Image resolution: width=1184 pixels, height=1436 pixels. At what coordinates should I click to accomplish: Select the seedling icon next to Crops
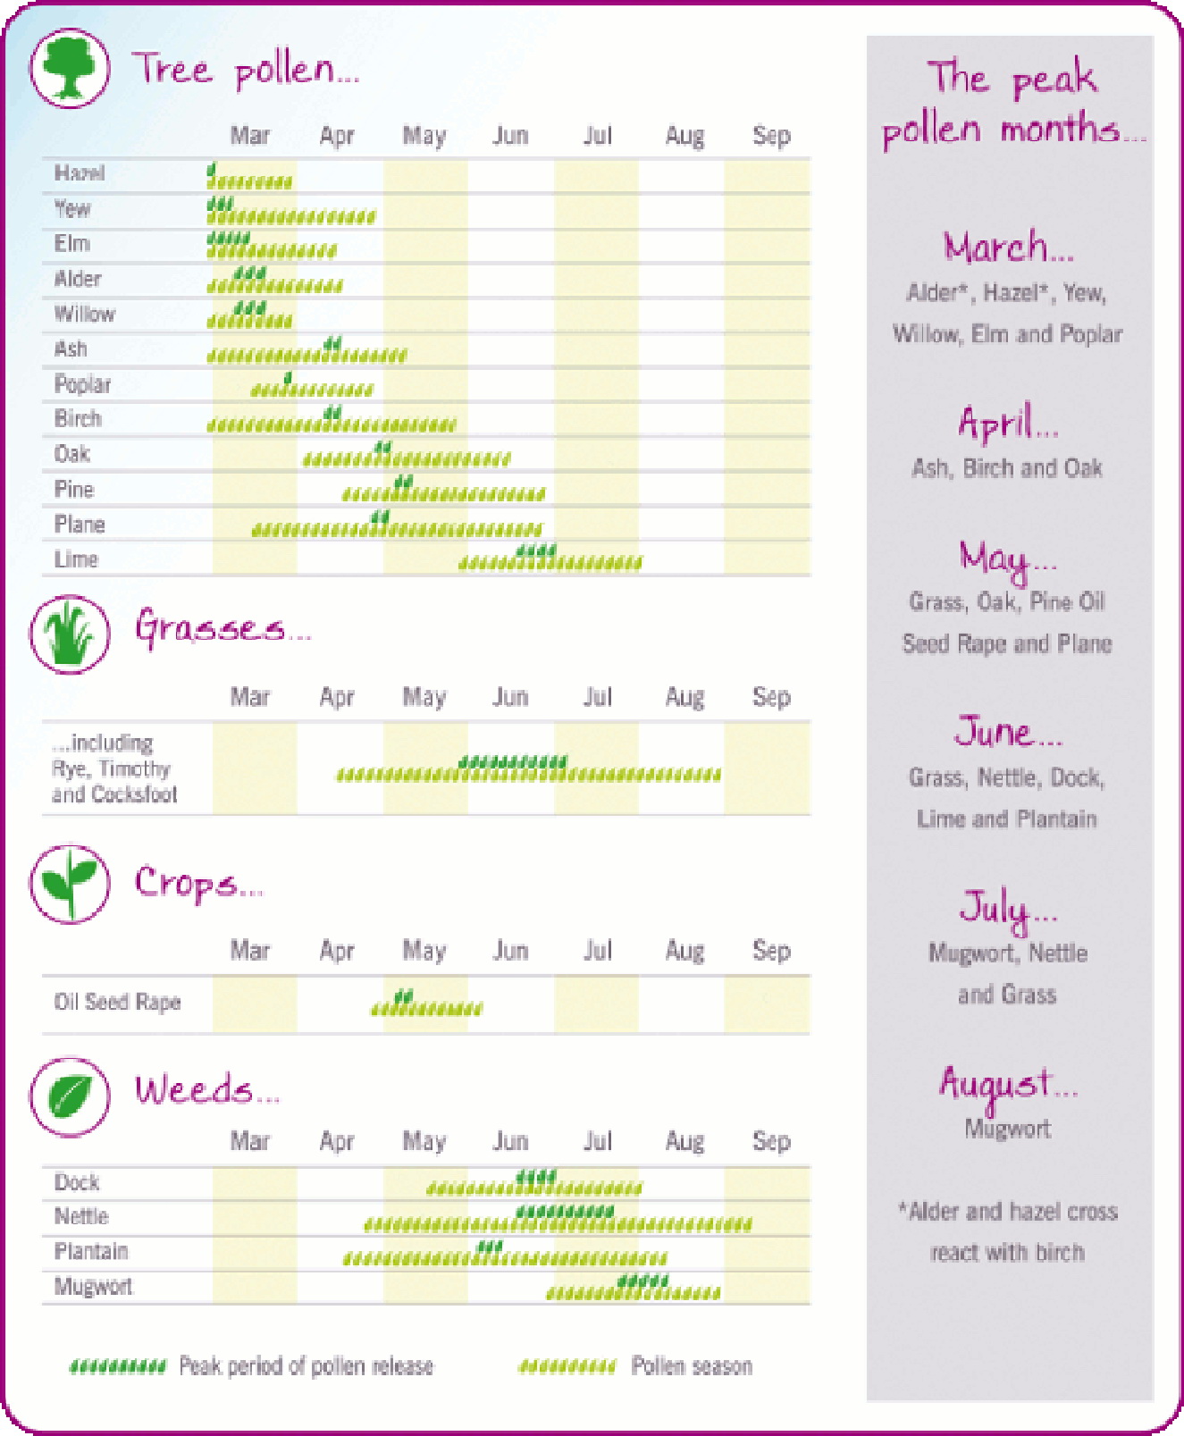coord(70,884)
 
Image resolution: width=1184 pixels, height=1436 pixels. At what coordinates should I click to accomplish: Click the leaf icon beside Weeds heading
coord(70,1096)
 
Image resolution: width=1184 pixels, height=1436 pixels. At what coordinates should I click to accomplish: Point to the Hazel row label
coord(80,172)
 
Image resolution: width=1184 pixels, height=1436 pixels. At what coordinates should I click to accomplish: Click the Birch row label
coord(78,418)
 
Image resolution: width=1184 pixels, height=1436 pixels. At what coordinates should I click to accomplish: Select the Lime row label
coord(76,559)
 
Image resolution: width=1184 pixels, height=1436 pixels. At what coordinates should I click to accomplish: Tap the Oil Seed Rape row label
coord(117,1002)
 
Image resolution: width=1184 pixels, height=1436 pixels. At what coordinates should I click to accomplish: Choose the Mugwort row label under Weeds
coord(93,1286)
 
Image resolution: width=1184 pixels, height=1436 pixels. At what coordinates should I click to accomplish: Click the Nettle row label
coord(81,1216)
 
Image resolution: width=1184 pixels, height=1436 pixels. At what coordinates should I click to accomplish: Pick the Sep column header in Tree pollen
coord(771,136)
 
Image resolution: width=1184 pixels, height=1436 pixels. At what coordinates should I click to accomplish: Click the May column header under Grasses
coord(424,697)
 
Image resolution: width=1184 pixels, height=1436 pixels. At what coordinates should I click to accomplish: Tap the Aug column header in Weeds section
coord(684,1141)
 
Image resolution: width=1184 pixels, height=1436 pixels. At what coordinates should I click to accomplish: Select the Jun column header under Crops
coord(510,950)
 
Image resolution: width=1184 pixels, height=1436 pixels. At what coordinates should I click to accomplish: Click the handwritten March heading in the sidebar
coord(1007,247)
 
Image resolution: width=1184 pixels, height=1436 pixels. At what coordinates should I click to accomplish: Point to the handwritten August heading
coord(1007,1084)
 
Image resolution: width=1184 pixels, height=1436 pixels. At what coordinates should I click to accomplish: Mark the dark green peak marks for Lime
coord(536,550)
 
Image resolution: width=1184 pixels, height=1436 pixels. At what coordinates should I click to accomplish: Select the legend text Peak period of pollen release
coord(306,1365)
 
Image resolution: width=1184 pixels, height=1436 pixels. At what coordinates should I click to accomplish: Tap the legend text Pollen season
coord(692,1365)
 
